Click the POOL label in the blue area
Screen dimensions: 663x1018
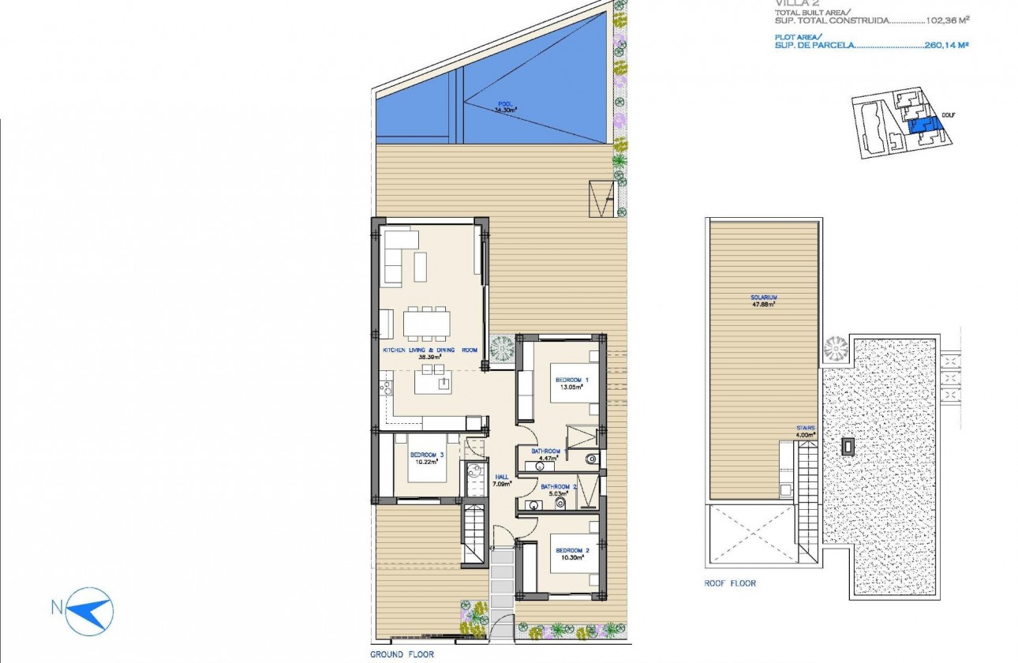pos(505,103)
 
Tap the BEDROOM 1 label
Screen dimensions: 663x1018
pos(571,380)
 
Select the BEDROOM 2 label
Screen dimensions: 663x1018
pos(572,550)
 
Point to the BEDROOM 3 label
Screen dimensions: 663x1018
pos(427,455)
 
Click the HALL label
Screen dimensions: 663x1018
pos(502,477)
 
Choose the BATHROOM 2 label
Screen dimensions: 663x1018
pos(559,487)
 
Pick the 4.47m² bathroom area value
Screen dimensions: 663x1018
pos(548,458)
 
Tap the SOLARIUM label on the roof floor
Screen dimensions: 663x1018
pos(763,298)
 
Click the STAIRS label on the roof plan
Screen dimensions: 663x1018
pos(805,428)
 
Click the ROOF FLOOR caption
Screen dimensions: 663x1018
pos(730,583)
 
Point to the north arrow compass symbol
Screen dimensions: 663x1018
pos(90,610)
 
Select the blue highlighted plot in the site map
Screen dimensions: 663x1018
pos(923,126)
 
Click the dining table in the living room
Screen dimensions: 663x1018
pos(427,323)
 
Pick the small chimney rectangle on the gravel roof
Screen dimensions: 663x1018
pos(848,446)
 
